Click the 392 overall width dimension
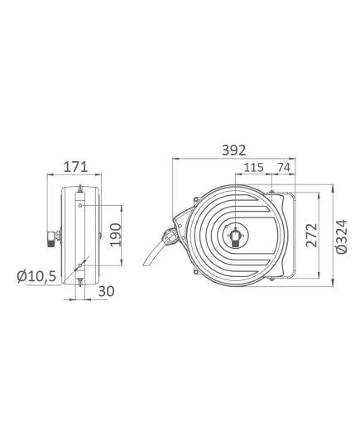233,150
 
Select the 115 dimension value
254,168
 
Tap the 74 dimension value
284,168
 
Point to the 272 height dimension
311,235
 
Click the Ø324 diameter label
341,236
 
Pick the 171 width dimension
75,167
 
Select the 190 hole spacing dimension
115,235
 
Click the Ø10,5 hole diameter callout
36,276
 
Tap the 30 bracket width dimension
106,291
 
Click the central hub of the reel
236,235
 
